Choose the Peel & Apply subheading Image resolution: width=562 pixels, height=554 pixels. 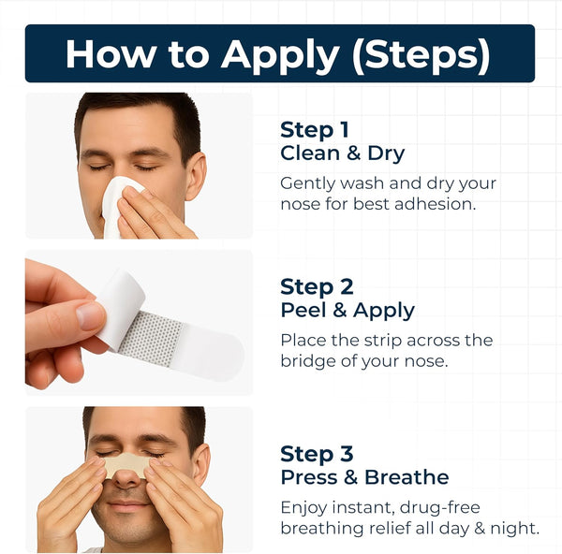[348, 310]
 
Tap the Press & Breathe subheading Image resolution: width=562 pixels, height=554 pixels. [364, 477]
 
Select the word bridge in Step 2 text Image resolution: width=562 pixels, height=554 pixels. [308, 360]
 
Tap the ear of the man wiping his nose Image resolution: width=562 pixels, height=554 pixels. [195, 175]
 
